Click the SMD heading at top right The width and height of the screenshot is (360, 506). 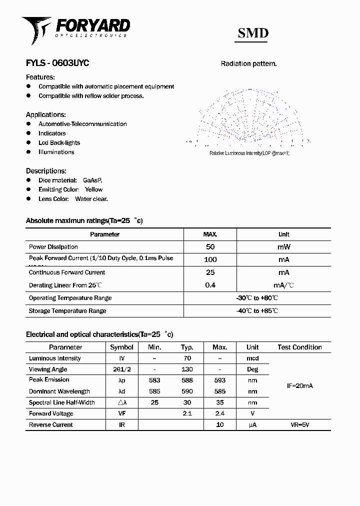(253, 33)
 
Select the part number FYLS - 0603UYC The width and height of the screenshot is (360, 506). (57, 63)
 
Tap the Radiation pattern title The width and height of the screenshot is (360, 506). (248, 64)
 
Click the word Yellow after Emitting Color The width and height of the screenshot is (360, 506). (93, 189)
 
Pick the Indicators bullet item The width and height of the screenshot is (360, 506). (52, 133)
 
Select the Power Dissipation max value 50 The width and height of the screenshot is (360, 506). (210, 246)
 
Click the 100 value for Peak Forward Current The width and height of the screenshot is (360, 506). (210, 259)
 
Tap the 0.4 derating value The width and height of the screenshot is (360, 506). (210, 285)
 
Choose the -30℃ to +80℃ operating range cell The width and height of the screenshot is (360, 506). (257, 298)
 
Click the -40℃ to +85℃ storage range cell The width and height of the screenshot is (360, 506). (257, 310)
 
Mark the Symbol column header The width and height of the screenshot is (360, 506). (121, 347)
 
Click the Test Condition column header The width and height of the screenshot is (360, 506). (299, 347)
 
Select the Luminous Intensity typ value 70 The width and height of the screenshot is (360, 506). (187, 358)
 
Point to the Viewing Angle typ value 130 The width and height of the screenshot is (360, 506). (187, 369)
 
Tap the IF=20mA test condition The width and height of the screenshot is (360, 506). (299, 386)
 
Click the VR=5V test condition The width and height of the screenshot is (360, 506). (299, 425)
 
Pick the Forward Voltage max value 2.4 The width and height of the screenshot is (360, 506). (219, 413)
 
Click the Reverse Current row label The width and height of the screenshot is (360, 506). (51, 425)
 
